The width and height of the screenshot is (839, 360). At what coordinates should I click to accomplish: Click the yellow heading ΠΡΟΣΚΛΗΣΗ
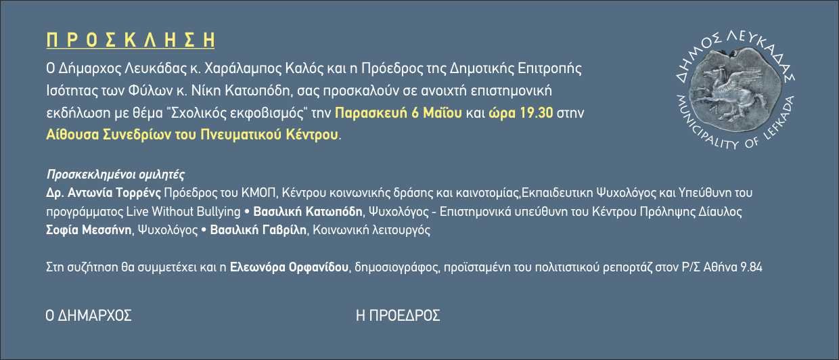(131, 40)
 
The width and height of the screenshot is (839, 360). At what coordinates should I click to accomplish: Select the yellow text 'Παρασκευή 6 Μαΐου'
(398, 113)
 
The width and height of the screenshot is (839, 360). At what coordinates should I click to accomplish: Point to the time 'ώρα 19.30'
(520, 113)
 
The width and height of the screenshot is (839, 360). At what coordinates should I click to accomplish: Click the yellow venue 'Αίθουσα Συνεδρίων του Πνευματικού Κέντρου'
(192, 135)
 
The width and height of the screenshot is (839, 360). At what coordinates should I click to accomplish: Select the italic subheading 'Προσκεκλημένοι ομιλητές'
(115, 175)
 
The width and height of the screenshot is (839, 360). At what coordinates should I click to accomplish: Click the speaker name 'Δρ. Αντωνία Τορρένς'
(104, 193)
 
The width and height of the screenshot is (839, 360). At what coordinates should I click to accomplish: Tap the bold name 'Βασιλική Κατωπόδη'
(308, 212)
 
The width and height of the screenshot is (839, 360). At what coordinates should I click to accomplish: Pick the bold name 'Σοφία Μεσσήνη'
(89, 229)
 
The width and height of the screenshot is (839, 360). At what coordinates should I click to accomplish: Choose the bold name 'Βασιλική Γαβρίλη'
(258, 229)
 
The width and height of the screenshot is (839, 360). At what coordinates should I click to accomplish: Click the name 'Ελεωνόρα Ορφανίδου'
(289, 267)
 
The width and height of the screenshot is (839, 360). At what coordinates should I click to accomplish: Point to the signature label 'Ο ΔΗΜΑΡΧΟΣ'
(89, 315)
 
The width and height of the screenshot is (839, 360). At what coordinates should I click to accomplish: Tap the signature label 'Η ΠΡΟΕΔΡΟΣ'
(398, 315)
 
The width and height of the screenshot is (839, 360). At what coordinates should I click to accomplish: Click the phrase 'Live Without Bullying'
(183, 212)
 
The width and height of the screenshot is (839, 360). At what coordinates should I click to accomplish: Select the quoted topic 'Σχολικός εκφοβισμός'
(237, 113)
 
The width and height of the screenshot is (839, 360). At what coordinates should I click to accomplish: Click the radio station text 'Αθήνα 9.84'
(733, 267)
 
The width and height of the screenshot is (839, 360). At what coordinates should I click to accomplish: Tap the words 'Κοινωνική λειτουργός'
(371, 229)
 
